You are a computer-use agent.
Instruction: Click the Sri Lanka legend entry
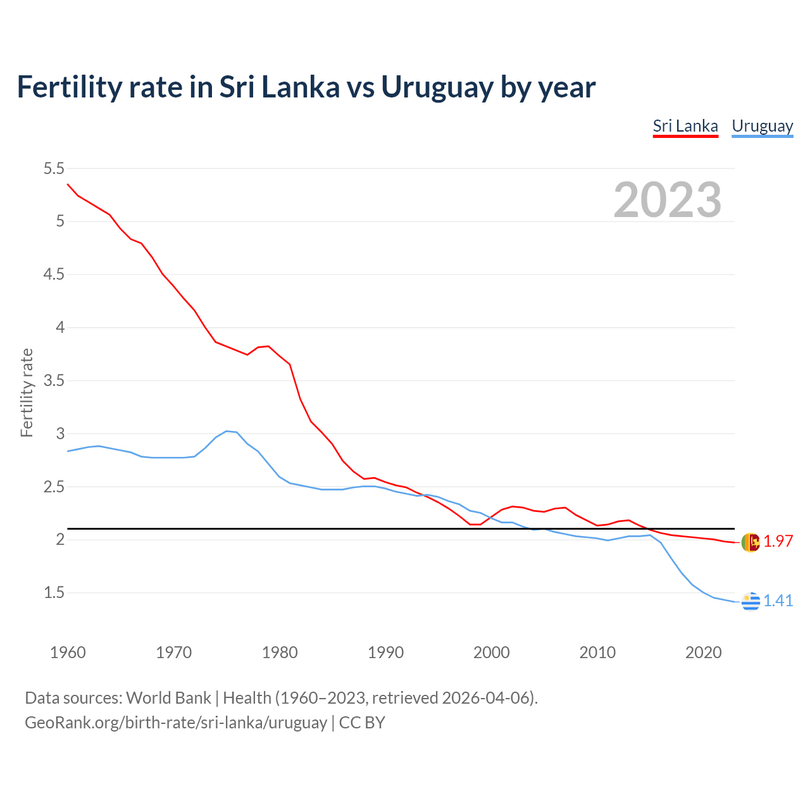(x=685, y=126)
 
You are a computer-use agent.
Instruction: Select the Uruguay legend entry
(x=762, y=126)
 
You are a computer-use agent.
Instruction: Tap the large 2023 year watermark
(x=667, y=200)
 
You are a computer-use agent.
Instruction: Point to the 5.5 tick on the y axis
(x=54, y=168)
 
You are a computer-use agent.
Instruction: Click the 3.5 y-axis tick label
(x=54, y=380)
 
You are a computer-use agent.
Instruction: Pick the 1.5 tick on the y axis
(x=54, y=593)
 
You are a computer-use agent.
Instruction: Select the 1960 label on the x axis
(x=68, y=652)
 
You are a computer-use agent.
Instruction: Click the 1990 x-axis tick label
(x=385, y=652)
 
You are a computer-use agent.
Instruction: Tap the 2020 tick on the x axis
(x=703, y=652)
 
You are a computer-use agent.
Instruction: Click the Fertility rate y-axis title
(x=27, y=392)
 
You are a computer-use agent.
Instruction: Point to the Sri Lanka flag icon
(x=751, y=542)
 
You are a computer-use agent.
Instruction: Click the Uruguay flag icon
(x=751, y=601)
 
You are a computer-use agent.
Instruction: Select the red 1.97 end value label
(x=778, y=542)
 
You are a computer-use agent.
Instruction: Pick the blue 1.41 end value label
(x=778, y=601)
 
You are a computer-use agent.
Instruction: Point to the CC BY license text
(x=362, y=723)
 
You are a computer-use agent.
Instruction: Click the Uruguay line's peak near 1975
(x=227, y=431)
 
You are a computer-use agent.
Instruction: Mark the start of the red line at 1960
(x=68, y=184)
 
